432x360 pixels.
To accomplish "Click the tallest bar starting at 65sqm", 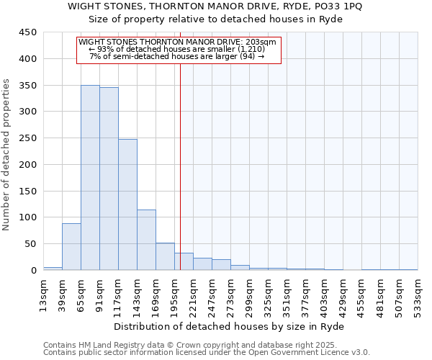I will tap(90, 177).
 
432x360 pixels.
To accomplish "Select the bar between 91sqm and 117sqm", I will tap(109, 179).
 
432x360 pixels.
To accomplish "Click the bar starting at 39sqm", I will tap(71, 246).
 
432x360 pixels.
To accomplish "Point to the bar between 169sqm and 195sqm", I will tap(165, 256).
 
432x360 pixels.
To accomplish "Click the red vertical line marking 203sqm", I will tap(180, 166).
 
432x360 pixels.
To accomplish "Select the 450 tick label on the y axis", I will tap(28, 32).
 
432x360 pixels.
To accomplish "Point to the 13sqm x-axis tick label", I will tap(43, 294).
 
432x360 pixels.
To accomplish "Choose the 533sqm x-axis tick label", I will tap(418, 294).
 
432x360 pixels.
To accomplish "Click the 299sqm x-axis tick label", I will tap(249, 294).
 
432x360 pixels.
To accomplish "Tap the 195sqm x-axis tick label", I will tap(174, 294).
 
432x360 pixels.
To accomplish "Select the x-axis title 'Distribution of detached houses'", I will tap(230, 326).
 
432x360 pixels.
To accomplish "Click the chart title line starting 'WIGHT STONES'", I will tap(216, 6).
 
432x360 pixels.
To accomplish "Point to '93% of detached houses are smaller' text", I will tap(177, 49).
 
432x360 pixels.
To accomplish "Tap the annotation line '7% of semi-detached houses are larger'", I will tap(177, 56).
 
